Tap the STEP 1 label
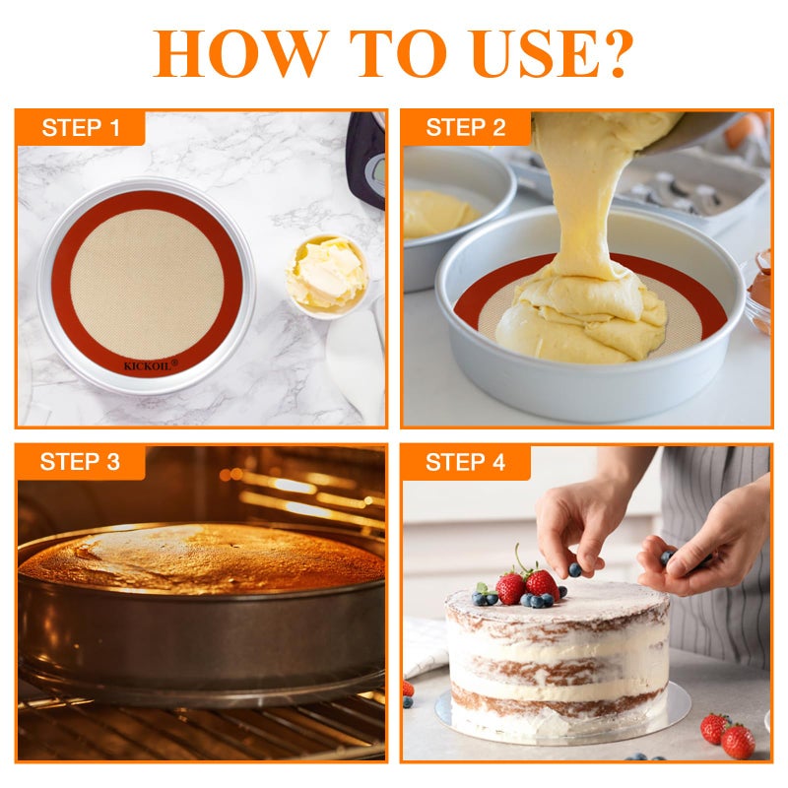click(x=81, y=128)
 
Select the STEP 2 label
click(x=465, y=128)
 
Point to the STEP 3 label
click(x=81, y=461)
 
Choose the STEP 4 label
click(x=465, y=461)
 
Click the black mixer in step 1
click(x=366, y=158)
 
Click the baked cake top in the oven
click(x=197, y=557)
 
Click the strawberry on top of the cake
click(x=539, y=583)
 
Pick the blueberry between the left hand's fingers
click(x=574, y=568)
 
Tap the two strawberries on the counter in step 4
click(x=729, y=734)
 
